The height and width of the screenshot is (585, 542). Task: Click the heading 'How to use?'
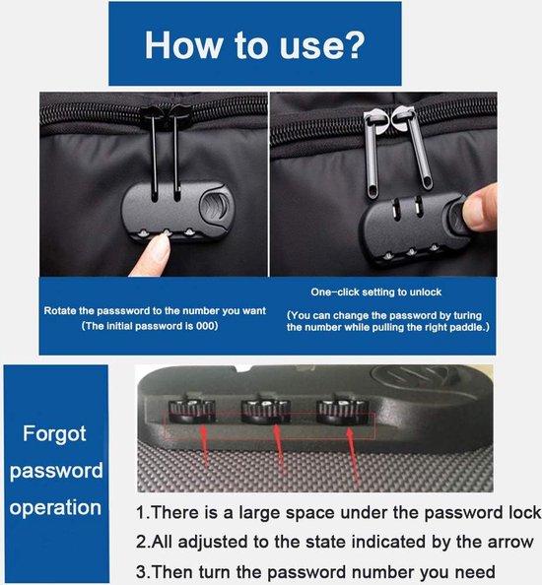[x=254, y=43]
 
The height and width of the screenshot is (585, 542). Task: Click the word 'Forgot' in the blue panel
[x=54, y=432]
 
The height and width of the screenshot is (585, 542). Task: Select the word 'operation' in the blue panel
[x=54, y=507]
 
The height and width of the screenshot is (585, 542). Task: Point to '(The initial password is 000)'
[x=151, y=325]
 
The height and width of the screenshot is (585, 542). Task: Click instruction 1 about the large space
[x=338, y=513]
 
